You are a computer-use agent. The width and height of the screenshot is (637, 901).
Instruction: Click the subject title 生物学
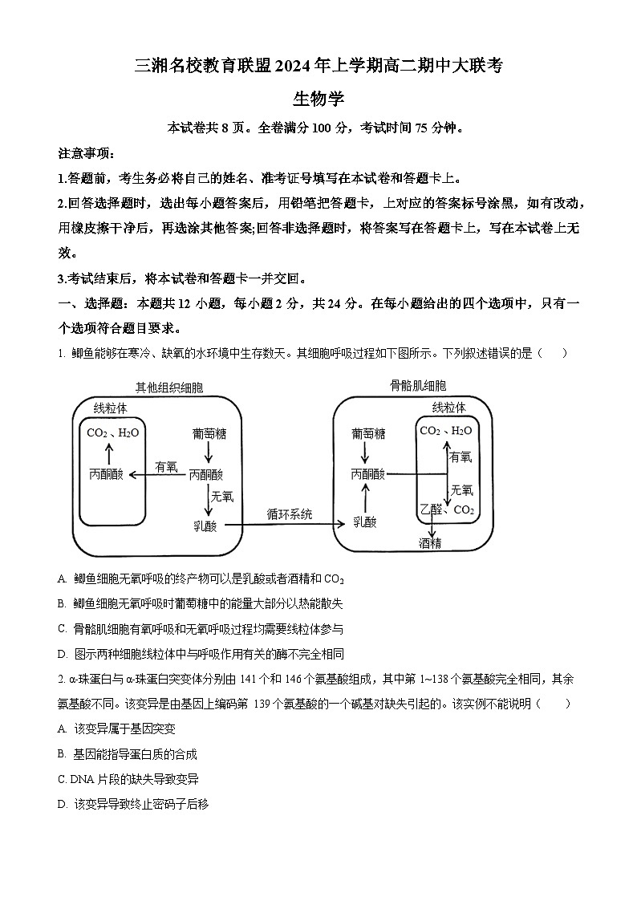coord(318,99)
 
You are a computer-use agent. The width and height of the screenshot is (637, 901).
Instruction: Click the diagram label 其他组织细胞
coord(169,388)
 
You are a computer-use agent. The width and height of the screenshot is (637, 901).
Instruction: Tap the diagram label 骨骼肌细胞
coord(419,386)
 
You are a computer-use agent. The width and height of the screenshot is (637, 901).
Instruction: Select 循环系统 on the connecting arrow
coord(290,513)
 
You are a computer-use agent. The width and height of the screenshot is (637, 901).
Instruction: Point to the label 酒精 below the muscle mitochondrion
coord(431,543)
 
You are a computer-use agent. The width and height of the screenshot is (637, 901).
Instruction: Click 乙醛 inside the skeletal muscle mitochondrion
coord(431,509)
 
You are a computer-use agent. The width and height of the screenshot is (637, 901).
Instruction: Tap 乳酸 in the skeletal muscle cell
coord(365,522)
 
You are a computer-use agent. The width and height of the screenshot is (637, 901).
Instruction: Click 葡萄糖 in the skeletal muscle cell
coord(367,433)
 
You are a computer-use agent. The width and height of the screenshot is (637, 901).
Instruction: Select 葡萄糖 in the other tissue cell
coord(209,433)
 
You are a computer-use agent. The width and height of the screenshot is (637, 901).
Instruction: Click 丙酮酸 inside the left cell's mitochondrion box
coord(107,474)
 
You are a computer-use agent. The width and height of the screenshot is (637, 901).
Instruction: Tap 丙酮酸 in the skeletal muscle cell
coord(367,474)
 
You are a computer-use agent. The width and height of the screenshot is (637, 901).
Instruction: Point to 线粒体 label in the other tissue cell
coord(110,408)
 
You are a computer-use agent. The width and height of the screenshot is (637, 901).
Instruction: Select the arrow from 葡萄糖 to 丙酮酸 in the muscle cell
coord(367,453)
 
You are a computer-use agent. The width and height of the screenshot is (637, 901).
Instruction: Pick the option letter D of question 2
coord(63,803)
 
